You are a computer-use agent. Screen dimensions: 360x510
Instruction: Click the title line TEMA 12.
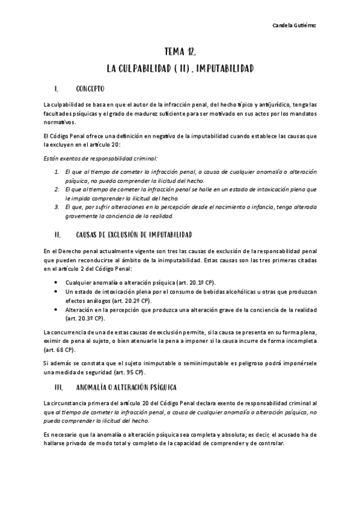[x=180, y=52]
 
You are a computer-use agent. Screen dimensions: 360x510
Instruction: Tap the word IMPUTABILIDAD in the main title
[x=221, y=69]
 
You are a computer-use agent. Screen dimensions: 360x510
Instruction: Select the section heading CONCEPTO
[x=90, y=89]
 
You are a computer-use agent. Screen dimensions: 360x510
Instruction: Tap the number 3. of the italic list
[x=56, y=206]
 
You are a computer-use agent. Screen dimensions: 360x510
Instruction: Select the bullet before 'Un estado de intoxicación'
[x=56, y=291]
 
